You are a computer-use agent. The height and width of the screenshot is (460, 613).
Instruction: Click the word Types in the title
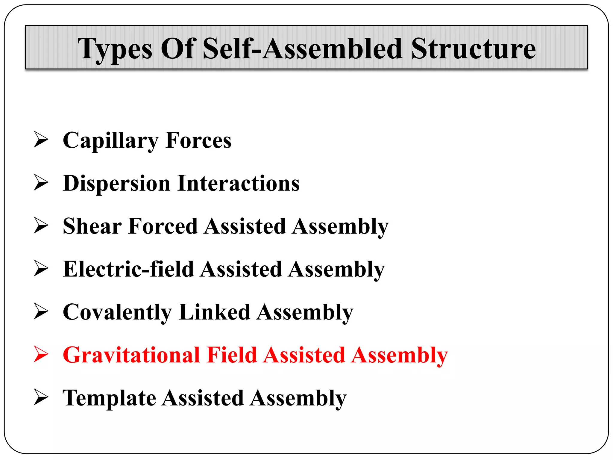click(x=115, y=49)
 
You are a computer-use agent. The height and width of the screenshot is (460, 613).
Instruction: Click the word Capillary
click(x=110, y=141)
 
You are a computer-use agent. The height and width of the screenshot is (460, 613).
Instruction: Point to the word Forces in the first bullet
click(x=198, y=140)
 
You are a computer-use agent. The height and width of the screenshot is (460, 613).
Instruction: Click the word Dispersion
click(x=116, y=184)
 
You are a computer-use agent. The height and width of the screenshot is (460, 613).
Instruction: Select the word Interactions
click(x=238, y=183)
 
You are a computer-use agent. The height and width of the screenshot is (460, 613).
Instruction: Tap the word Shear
click(x=92, y=226)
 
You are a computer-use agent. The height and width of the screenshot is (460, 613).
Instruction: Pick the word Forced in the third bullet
click(x=163, y=226)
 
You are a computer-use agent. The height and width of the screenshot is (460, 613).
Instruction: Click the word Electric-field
click(x=128, y=269)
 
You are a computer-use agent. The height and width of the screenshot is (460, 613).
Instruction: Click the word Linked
click(x=214, y=312)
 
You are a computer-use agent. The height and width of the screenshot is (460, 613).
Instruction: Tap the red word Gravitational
click(x=131, y=355)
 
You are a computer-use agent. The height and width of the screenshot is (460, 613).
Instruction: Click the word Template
click(x=109, y=398)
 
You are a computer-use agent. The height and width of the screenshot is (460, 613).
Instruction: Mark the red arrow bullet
click(x=41, y=354)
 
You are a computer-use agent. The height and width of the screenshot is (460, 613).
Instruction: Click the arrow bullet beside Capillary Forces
click(x=41, y=139)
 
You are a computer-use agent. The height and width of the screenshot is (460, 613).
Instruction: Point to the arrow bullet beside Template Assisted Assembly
click(x=41, y=397)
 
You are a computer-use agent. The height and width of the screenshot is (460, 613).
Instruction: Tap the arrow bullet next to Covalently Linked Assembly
click(x=41, y=311)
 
